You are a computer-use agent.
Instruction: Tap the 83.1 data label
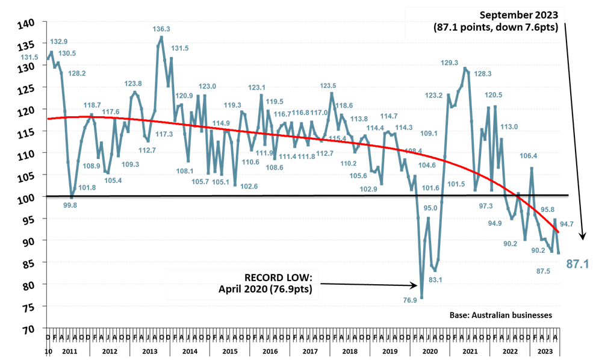click(x=435, y=280)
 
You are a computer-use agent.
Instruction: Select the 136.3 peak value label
click(x=161, y=29)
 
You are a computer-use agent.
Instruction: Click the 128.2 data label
click(x=76, y=73)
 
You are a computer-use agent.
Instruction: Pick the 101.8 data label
click(x=87, y=187)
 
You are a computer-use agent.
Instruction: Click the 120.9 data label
click(x=184, y=96)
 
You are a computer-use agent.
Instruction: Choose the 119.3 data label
click(x=232, y=105)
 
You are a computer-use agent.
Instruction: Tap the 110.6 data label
click(x=250, y=162)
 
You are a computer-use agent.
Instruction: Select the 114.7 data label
click(x=389, y=116)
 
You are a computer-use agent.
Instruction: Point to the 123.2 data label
click(x=433, y=95)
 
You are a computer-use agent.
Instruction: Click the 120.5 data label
click(x=494, y=95)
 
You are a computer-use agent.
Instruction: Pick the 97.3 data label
click(x=486, y=206)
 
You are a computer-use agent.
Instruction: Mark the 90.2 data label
click(x=538, y=250)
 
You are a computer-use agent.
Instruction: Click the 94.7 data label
click(x=567, y=224)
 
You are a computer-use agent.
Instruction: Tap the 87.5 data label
click(x=543, y=271)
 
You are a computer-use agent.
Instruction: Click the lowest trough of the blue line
click(x=421, y=297)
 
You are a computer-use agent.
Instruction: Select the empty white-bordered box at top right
click(x=485, y=23)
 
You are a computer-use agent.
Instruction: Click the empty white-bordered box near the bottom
click(x=242, y=284)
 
